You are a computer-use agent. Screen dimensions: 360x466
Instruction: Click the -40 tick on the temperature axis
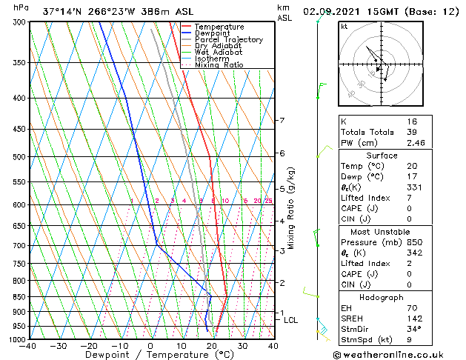[x=28, y=345]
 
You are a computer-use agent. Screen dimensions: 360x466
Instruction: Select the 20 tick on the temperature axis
[x=212, y=345]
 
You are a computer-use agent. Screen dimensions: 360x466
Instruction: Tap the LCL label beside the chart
[x=290, y=320]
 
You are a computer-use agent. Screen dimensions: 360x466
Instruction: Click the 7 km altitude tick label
[x=282, y=120]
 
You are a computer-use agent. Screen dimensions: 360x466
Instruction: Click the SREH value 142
[x=403, y=318]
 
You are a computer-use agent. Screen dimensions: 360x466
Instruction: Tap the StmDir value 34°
[x=403, y=329]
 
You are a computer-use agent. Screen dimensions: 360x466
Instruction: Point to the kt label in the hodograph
[x=344, y=27]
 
